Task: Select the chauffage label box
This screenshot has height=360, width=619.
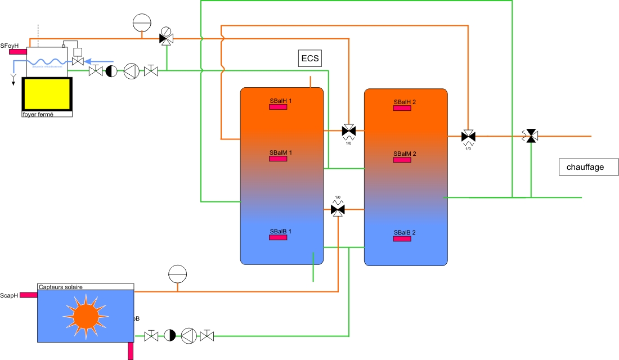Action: click(585, 167)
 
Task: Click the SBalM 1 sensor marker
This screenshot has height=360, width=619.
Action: click(278, 159)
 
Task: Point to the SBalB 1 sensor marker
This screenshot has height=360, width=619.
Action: click(278, 237)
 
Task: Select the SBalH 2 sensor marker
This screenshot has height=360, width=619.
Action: click(402, 109)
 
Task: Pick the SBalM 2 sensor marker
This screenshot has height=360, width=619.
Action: click(402, 160)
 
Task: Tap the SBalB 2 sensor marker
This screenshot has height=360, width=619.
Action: click(402, 239)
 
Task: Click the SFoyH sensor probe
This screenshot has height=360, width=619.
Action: click(17, 52)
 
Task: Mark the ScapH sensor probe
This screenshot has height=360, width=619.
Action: click(28, 294)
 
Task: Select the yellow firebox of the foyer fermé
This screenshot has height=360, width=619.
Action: click(47, 93)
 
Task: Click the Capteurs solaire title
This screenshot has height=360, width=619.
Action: click(61, 287)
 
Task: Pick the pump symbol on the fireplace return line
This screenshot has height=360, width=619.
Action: click(131, 71)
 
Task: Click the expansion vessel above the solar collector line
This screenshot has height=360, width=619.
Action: click(177, 274)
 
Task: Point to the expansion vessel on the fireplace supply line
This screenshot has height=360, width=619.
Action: click(142, 23)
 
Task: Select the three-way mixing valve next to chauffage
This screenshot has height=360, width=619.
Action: click(530, 136)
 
